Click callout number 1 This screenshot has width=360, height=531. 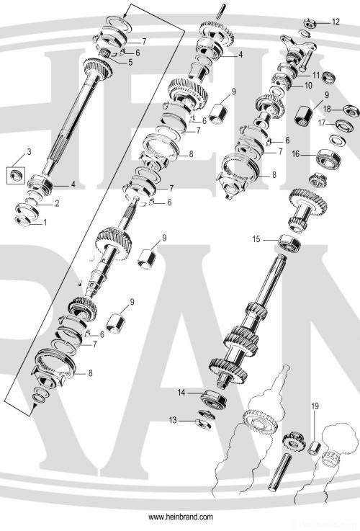click(45, 223)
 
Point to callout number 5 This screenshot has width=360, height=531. click(130, 63)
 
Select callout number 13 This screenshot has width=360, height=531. click(172, 420)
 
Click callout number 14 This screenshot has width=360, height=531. click(182, 393)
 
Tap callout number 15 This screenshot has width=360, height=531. click(256, 238)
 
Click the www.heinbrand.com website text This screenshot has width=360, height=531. click(180, 517)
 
